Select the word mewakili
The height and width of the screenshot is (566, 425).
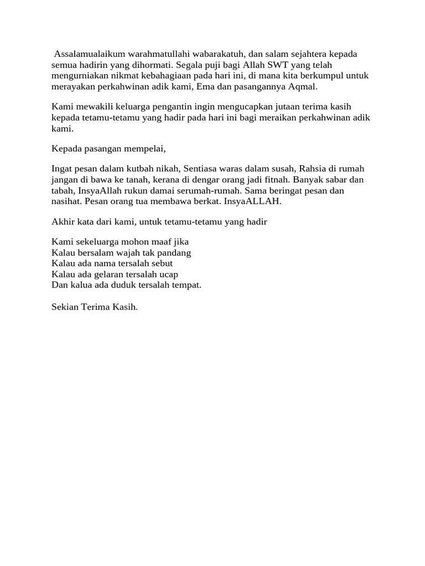coord(91,107)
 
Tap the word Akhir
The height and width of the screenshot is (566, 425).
coord(62,222)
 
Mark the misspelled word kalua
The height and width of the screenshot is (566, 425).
coord(80,285)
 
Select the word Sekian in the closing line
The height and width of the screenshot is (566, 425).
coord(64,306)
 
